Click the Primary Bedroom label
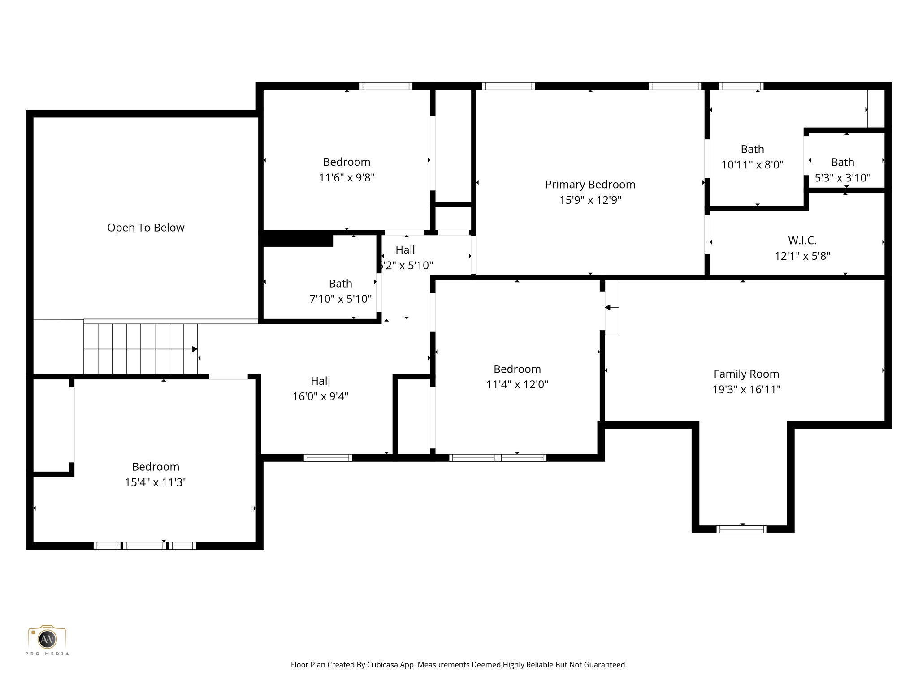(x=590, y=185)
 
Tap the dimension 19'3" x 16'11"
(x=746, y=390)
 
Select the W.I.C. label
(x=802, y=241)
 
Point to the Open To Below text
(x=146, y=228)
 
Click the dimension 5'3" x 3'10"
(x=842, y=178)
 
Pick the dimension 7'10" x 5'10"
(x=340, y=299)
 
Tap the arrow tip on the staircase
(x=195, y=349)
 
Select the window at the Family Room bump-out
(x=741, y=529)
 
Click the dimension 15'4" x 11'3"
(x=156, y=482)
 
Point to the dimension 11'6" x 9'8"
(x=346, y=178)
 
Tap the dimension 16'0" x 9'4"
(x=320, y=396)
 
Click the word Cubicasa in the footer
(x=384, y=665)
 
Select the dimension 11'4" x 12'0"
(x=517, y=384)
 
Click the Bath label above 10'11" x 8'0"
(x=752, y=149)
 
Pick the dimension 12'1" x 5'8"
(x=802, y=256)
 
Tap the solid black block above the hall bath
(x=298, y=239)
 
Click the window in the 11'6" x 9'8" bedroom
(x=385, y=86)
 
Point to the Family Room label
(x=746, y=374)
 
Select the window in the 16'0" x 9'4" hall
(x=328, y=458)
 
